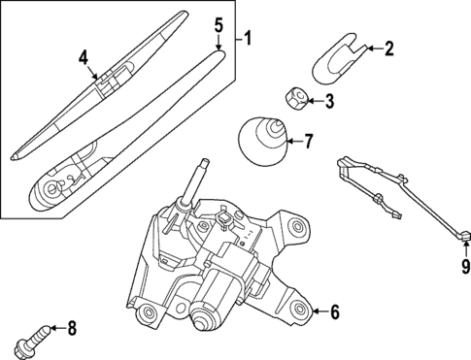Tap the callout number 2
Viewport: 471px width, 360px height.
389,48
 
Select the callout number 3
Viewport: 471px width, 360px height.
329,99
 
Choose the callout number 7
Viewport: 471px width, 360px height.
308,142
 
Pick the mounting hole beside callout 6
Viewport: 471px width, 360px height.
297,311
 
